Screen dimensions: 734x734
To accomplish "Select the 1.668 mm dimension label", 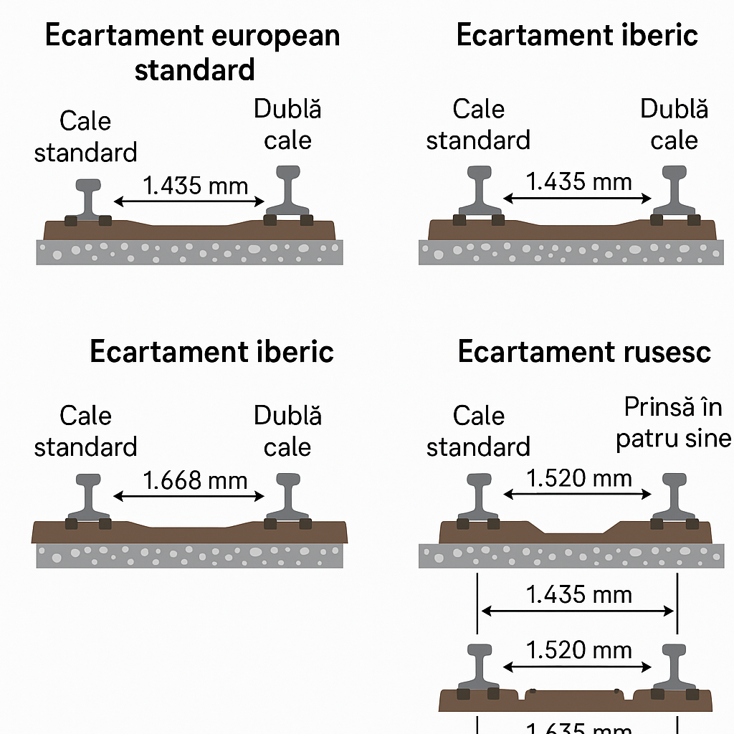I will (x=195, y=480).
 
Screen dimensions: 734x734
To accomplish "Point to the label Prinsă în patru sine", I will (x=674, y=422).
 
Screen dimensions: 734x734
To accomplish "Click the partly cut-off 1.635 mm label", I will (x=578, y=727).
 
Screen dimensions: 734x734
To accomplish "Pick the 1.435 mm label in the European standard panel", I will (x=195, y=186).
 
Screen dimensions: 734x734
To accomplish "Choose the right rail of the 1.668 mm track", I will (x=287, y=497).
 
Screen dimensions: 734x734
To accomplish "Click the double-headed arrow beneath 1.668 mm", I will (x=189, y=495).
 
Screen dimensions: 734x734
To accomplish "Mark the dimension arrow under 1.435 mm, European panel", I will (x=189, y=202).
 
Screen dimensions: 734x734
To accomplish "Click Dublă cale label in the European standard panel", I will (x=287, y=125).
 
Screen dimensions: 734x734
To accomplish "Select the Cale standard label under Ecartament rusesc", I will (x=478, y=431).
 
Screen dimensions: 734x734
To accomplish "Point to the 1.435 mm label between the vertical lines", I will (x=578, y=594).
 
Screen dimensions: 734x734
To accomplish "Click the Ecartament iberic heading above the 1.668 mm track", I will (x=211, y=352).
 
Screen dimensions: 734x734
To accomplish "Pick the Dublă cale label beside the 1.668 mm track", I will (x=287, y=431).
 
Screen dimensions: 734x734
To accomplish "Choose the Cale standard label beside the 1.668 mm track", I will (x=85, y=431).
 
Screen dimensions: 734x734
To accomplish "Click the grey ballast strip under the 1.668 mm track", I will (x=189, y=556).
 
